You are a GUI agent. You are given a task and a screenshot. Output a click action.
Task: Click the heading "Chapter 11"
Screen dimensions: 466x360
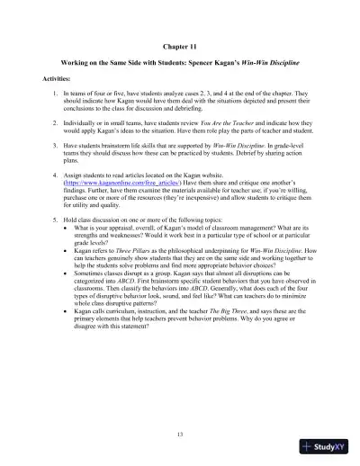(180, 42)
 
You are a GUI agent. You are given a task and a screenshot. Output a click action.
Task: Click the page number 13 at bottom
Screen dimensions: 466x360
(180, 435)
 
